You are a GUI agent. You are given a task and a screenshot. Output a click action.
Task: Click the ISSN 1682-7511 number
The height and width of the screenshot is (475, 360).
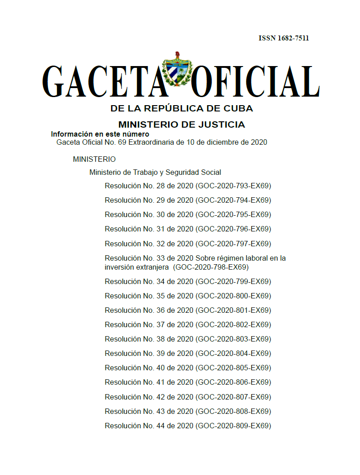click(x=284, y=38)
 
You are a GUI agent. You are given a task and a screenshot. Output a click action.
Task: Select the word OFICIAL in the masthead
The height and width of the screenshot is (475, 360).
click(x=255, y=82)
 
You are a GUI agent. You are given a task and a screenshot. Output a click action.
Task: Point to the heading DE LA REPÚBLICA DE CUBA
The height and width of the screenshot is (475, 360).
click(x=182, y=108)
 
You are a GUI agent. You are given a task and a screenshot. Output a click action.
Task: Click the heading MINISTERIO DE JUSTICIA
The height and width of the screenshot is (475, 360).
click(x=182, y=124)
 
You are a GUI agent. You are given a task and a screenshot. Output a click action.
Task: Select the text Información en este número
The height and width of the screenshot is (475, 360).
click(x=100, y=134)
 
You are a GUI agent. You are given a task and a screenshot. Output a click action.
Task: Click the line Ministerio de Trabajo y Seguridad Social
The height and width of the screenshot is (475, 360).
click(x=155, y=172)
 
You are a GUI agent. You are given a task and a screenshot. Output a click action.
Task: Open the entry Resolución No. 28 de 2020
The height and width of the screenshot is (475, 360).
click(x=149, y=186)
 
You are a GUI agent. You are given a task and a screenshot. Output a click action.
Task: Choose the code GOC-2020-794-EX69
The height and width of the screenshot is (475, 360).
click(x=233, y=200)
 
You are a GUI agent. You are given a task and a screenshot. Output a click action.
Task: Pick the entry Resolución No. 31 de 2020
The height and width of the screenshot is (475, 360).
click(x=149, y=229)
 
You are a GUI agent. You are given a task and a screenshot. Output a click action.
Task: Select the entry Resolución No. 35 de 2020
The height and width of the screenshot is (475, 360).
click(x=149, y=296)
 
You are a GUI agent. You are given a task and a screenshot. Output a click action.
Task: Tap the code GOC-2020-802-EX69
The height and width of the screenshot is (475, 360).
click(x=233, y=324)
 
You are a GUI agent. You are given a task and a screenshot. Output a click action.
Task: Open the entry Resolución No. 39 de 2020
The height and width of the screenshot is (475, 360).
click(x=149, y=353)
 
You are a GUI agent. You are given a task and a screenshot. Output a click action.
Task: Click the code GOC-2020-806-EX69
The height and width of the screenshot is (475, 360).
click(x=233, y=382)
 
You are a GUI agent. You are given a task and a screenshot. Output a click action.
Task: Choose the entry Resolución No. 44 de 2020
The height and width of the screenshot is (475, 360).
click(x=149, y=426)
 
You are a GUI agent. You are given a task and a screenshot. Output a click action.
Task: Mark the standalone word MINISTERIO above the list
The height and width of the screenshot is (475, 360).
click(x=94, y=159)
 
